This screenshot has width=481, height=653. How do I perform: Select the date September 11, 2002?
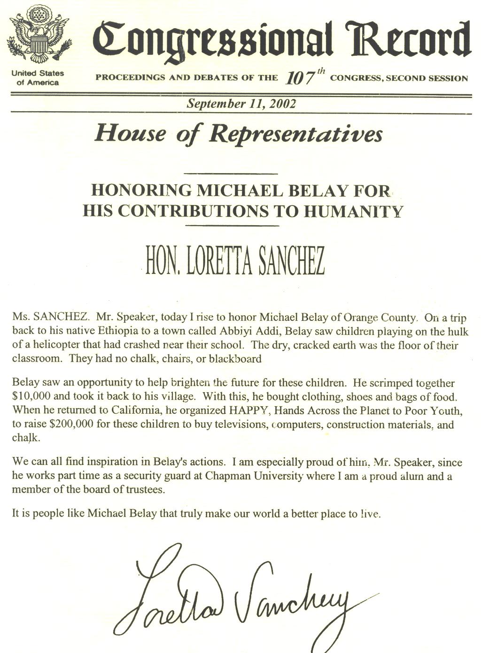pyautogui.click(x=241, y=104)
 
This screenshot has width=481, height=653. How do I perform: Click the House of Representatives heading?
pyautogui.click(x=239, y=133)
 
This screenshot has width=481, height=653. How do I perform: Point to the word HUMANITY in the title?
pyautogui.click(x=353, y=212)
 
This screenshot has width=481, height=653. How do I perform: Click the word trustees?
pyautogui.click(x=146, y=490)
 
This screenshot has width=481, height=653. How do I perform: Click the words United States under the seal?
pyautogui.click(x=38, y=73)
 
